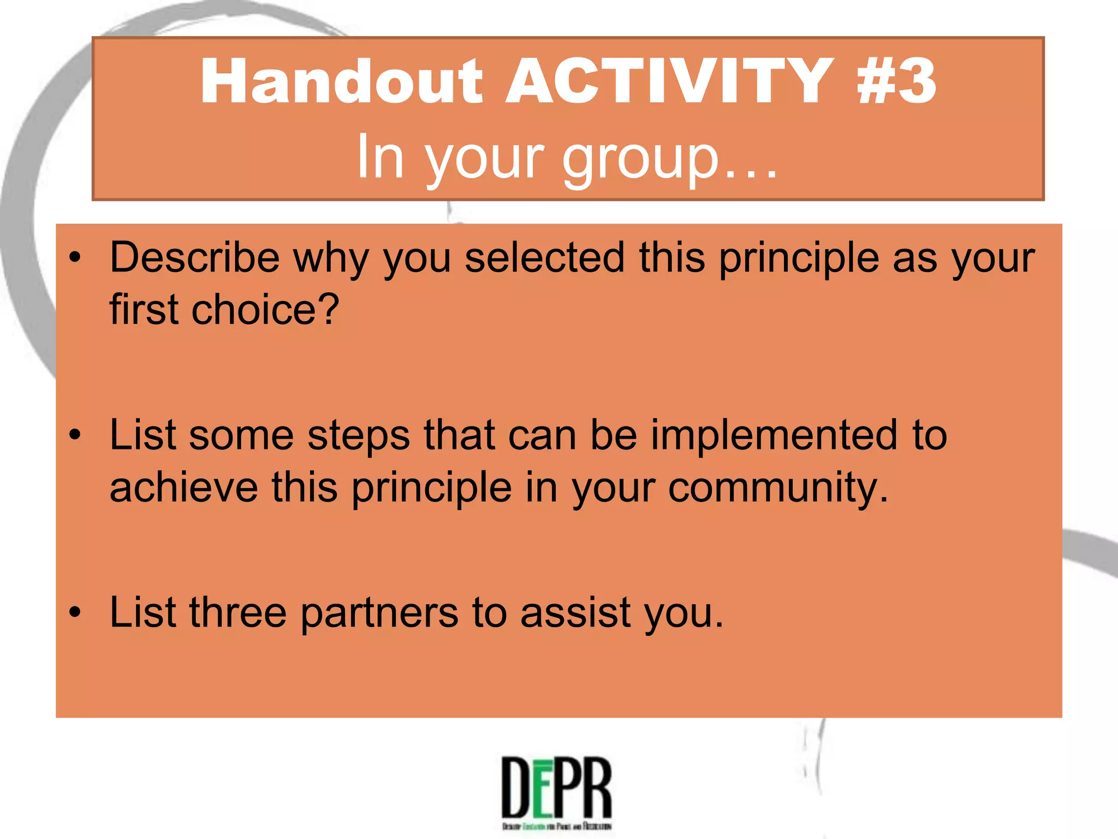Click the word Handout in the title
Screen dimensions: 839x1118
[x=341, y=82]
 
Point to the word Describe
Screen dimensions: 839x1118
[x=194, y=258]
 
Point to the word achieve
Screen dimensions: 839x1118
[x=183, y=487]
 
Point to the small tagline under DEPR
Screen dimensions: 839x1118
[x=557, y=826]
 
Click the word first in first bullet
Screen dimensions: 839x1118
[x=144, y=310]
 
